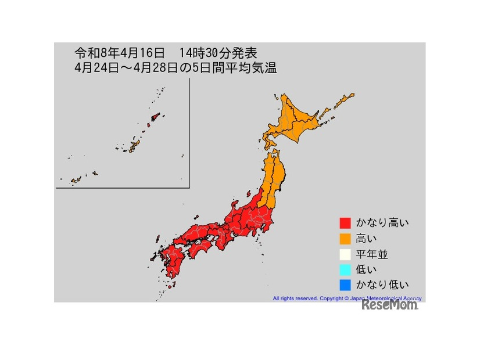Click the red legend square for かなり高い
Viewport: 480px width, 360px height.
345,223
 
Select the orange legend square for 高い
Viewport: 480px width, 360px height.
345,239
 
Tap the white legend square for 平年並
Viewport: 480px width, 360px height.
345,254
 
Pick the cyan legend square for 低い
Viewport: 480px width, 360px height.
345,269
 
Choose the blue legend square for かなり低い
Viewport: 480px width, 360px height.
345,285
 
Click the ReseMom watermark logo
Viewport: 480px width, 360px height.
389,305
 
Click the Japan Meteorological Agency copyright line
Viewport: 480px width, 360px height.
347,298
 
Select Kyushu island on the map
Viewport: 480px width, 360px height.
171,264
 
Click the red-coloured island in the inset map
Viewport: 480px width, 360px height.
154,117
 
